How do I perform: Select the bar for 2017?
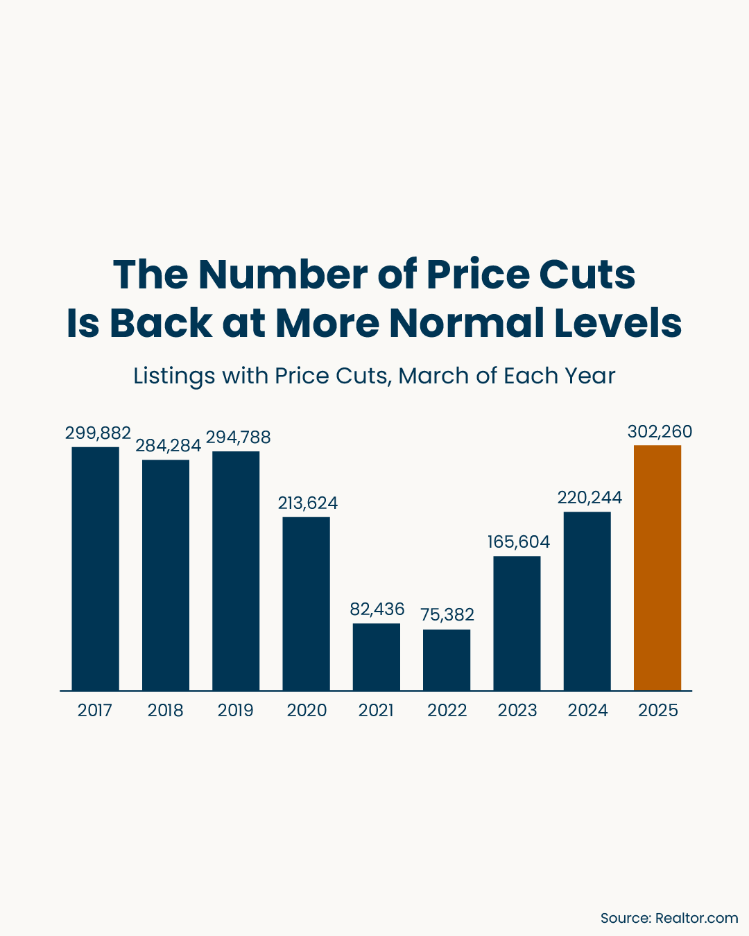pos(95,569)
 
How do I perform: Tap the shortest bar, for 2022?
pos(447,659)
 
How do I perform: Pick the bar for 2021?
pos(376,657)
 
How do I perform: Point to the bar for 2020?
pos(306,603)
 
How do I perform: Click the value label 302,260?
pos(660,432)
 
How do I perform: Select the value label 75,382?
pos(447,614)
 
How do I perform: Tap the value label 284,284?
pos(168,445)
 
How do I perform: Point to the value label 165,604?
pos(519,541)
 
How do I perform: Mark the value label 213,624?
pos(308,503)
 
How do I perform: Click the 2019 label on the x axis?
pos(236,710)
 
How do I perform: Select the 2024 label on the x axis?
pos(587,710)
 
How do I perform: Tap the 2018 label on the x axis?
pos(165,710)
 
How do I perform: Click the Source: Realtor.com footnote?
pos(669,918)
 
